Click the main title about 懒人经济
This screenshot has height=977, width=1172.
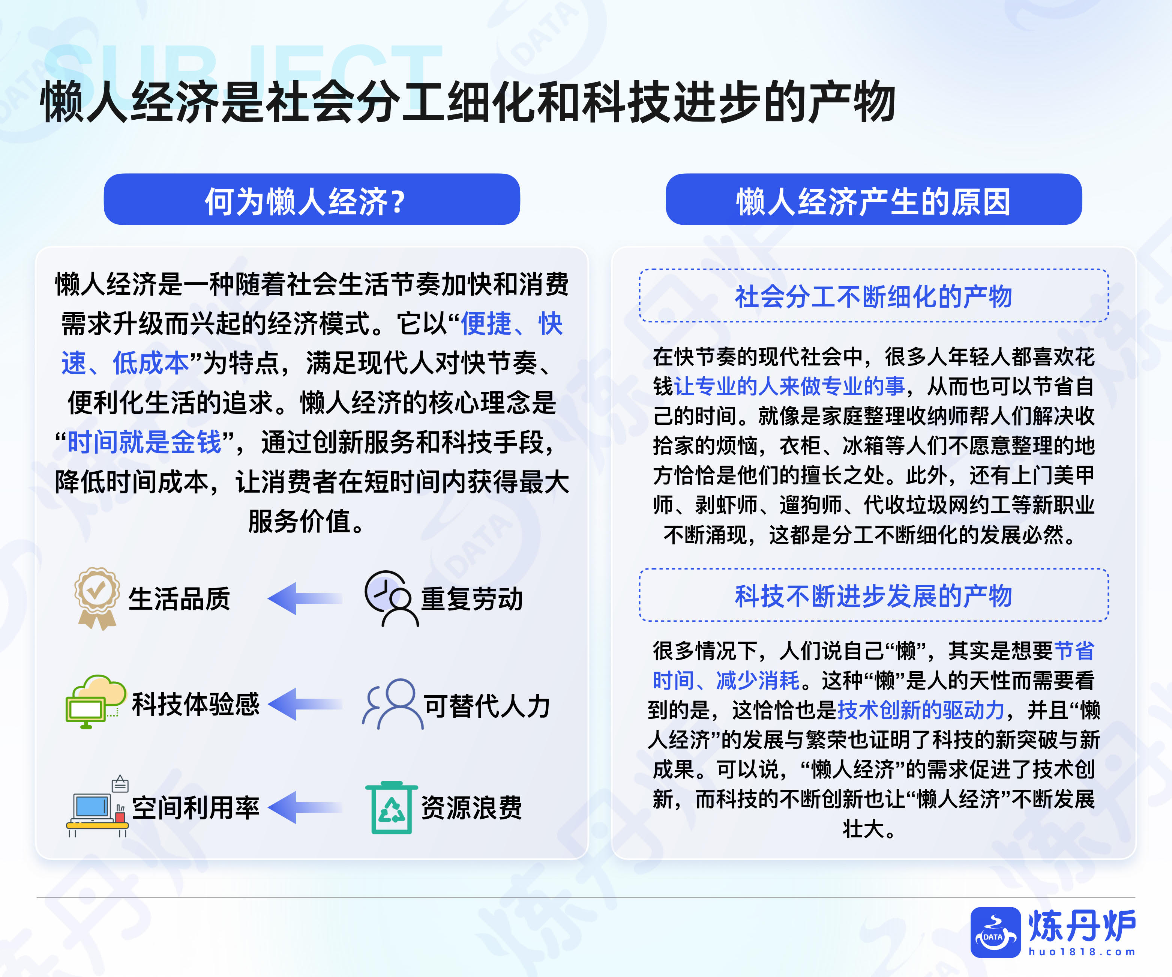pos(468,102)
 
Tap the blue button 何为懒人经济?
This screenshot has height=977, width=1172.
pos(312,199)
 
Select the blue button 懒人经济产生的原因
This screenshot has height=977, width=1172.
pos(873,199)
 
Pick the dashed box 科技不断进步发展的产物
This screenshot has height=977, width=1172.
pos(873,595)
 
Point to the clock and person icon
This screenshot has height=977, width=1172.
pos(391,598)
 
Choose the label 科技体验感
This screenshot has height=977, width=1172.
pos(196,704)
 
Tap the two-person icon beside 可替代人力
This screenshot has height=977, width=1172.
pos(392,704)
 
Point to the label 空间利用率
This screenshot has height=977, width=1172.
pos(196,808)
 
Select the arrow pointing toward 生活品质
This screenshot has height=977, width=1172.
pos(305,598)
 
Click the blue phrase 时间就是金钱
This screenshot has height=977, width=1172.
pos(144,442)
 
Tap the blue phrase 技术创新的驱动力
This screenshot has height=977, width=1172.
pos(921,710)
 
